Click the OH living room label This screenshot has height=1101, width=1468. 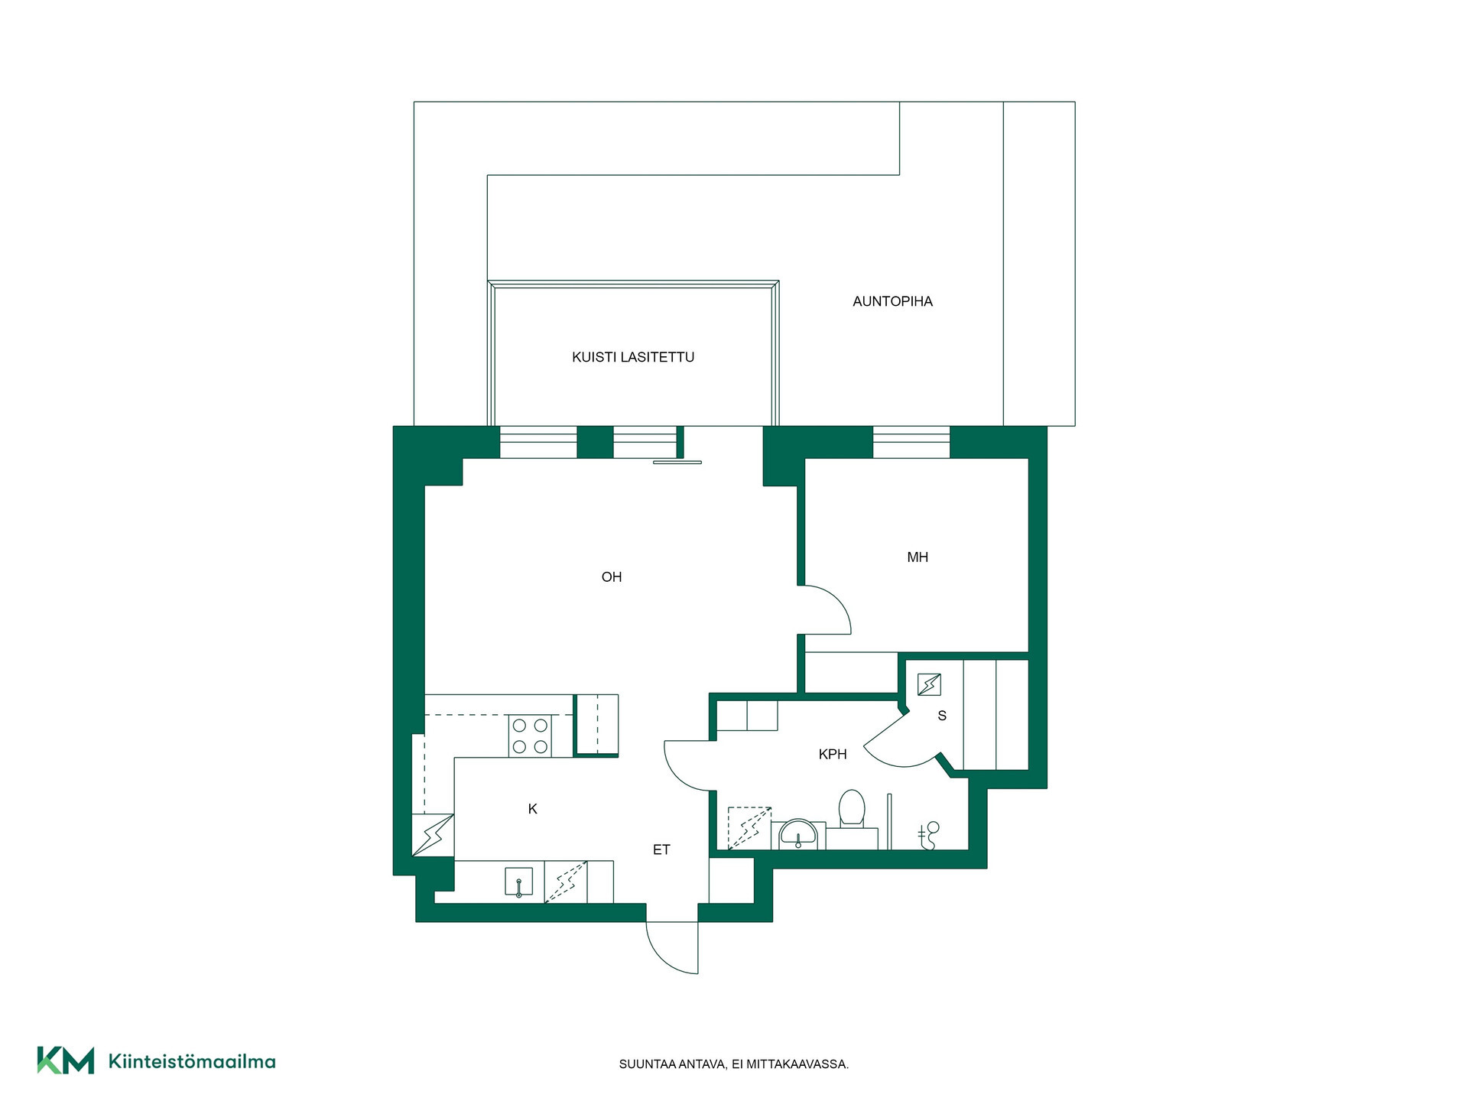(612, 577)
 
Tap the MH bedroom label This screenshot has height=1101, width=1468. (917, 557)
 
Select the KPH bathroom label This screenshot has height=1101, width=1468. (833, 754)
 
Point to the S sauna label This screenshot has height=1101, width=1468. (942, 716)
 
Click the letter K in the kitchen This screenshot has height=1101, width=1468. (533, 809)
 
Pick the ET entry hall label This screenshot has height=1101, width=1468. (661, 849)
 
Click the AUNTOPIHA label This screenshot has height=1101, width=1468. (892, 301)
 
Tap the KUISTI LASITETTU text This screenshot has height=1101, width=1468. (633, 357)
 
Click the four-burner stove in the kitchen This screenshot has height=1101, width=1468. (530, 736)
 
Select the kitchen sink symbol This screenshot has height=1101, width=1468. (518, 882)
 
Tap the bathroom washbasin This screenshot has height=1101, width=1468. (798, 834)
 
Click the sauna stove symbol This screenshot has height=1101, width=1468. (929, 684)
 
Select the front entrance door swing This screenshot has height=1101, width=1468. (672, 948)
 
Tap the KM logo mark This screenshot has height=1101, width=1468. (66, 1060)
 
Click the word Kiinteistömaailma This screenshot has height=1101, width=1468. (192, 1061)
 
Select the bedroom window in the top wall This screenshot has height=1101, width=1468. (911, 442)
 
